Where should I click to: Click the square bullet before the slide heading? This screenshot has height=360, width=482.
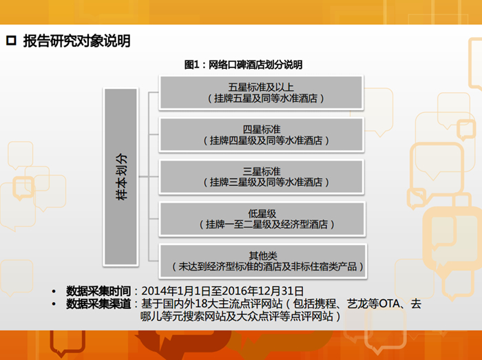tap(11, 41)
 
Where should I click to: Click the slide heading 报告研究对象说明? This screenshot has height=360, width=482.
tap(77, 41)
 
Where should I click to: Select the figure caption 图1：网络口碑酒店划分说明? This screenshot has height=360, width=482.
tap(244, 65)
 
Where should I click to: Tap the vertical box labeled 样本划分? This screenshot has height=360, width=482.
tap(120, 177)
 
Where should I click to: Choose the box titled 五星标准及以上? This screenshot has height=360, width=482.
tap(261, 92)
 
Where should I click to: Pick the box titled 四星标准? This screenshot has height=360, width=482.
tap(261, 134)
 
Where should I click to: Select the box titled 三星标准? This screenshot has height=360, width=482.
tap(261, 177)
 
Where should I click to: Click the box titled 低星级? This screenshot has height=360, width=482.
tap(262, 219)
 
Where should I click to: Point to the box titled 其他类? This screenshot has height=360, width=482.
tap(263, 261)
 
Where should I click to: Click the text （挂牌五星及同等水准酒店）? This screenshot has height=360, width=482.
tap(266, 98)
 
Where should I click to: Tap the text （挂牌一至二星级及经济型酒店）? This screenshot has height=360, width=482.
tap(267, 224)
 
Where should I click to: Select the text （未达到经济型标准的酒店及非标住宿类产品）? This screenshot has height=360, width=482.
tap(267, 266)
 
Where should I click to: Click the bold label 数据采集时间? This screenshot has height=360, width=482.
tap(98, 291)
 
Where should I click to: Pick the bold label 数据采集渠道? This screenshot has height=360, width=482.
tap(98, 304)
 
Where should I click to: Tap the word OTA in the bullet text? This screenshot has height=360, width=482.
tap(390, 304)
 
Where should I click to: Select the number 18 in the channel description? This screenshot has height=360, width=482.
tap(201, 304)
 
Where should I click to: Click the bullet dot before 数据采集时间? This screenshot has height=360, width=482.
tap(54, 291)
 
